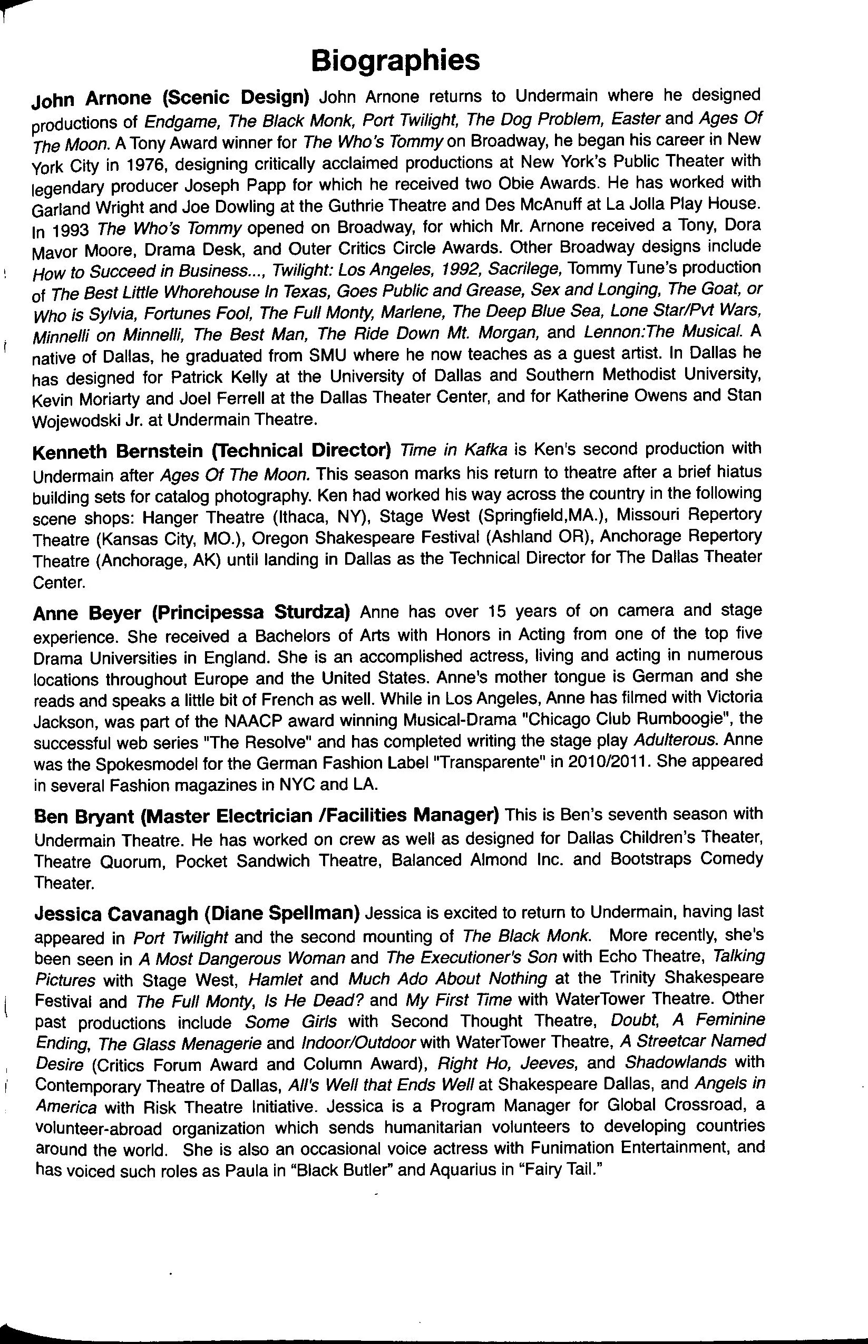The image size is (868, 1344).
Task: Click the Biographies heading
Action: (396, 60)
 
